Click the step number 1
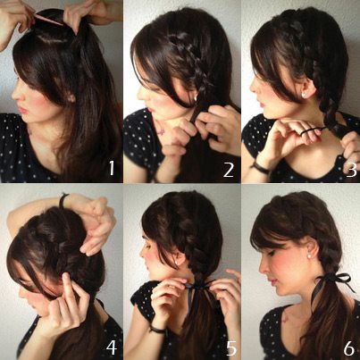[111, 168]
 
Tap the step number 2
[229, 170]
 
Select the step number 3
[351, 170]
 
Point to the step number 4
[111, 347]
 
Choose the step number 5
[231, 347]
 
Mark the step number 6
[348, 347]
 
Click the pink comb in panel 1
[49, 21]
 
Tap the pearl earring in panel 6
[309, 255]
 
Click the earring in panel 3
[304, 95]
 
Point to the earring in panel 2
[196, 97]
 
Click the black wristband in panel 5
[157, 330]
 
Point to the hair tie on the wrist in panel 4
[63, 200]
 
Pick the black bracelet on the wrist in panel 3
[260, 167]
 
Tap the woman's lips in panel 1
[21, 109]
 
